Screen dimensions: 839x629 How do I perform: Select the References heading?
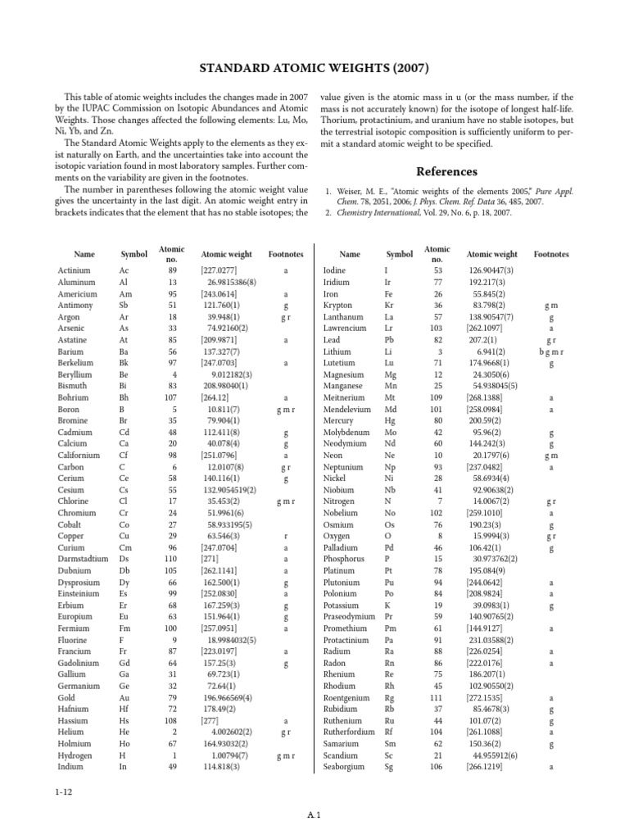click(x=446, y=171)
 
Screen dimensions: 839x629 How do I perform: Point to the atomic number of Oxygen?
click(x=438, y=514)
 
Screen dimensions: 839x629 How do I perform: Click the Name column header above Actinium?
click(x=84, y=255)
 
